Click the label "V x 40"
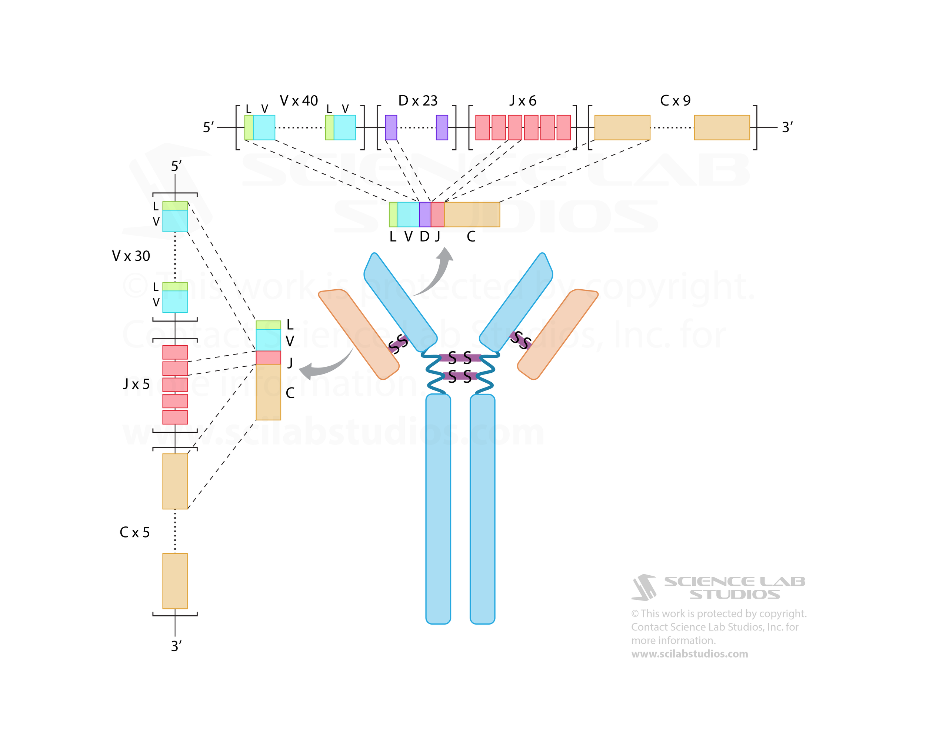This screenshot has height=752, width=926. click(x=299, y=101)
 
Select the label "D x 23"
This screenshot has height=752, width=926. click(x=417, y=101)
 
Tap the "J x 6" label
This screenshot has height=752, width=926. click(x=523, y=101)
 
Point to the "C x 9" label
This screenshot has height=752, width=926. click(x=675, y=101)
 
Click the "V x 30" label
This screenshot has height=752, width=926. click(x=131, y=256)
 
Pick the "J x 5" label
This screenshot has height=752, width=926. click(x=136, y=384)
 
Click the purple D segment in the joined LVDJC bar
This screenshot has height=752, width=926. click(x=425, y=214)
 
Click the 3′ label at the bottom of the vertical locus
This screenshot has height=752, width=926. click(x=176, y=646)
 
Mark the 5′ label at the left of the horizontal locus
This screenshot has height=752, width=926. click(x=208, y=127)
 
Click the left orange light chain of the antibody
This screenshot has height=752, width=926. click(x=359, y=334)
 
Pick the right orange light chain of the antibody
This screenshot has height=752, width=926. click(x=557, y=335)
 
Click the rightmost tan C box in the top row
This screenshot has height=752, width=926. click(x=722, y=127)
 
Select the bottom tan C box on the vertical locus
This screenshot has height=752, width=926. click(x=175, y=581)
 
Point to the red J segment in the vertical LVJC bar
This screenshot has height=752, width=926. click(x=268, y=358)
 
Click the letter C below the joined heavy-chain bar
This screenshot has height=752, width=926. click(x=471, y=236)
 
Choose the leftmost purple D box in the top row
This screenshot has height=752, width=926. click(x=391, y=127)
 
